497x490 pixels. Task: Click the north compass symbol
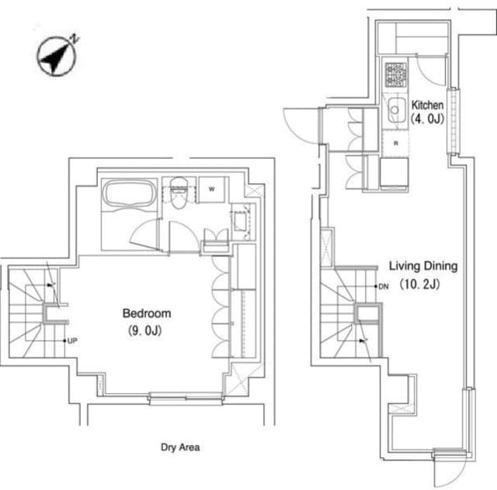(57, 57)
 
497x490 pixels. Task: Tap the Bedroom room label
(147, 313)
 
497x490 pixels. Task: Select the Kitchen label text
(427, 105)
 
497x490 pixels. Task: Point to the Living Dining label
(423, 266)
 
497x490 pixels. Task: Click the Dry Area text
(180, 447)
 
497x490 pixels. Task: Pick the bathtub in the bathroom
(130, 194)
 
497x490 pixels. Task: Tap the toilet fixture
(179, 193)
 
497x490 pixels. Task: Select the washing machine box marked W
(212, 189)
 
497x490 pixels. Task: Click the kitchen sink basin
(396, 109)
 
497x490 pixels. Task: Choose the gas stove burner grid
(395, 74)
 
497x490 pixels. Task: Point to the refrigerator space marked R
(395, 143)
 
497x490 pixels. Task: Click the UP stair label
(72, 340)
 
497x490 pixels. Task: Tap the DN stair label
(384, 286)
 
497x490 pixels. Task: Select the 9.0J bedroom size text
(145, 331)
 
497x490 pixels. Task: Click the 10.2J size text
(419, 284)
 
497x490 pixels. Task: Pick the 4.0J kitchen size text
(428, 119)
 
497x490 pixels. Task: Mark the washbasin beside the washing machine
(240, 221)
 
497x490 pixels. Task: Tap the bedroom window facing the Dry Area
(186, 399)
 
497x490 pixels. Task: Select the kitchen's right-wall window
(454, 121)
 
